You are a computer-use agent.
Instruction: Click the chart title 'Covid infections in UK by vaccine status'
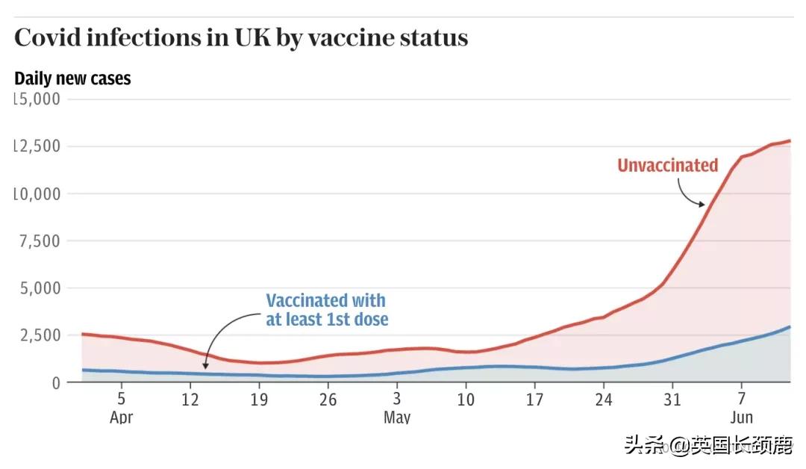click(x=241, y=38)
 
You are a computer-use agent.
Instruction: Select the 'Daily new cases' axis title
click(x=72, y=78)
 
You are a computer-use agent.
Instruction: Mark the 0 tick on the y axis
click(x=55, y=382)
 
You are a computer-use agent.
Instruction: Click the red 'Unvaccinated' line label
click(x=667, y=165)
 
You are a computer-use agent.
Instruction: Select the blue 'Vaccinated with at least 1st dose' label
click(x=327, y=310)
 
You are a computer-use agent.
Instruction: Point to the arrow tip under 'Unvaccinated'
click(x=703, y=205)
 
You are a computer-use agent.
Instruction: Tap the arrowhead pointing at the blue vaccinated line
click(x=205, y=368)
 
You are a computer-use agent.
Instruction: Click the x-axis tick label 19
click(x=259, y=400)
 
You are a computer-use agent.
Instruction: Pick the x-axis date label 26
click(x=328, y=400)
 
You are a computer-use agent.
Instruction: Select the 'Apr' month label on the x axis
click(x=121, y=417)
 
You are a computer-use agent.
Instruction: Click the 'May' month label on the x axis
click(x=396, y=417)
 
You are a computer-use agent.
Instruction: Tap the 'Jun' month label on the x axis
click(x=741, y=417)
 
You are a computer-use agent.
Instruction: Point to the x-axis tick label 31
click(x=672, y=400)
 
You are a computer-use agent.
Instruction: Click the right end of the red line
click(x=790, y=140)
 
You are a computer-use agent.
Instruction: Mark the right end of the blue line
click(x=790, y=327)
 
